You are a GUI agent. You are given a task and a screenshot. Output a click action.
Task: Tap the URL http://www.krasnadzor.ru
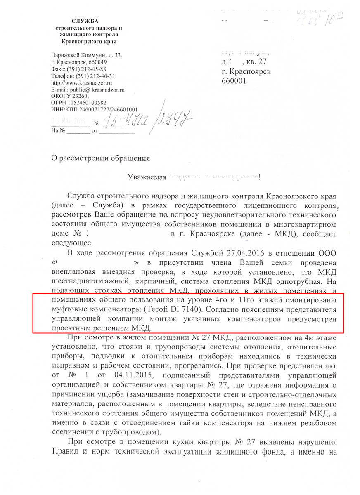[x=77, y=82]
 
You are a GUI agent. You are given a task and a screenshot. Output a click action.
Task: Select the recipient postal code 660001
[x=234, y=81]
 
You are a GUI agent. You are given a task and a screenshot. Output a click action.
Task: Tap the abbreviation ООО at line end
[x=329, y=252]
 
